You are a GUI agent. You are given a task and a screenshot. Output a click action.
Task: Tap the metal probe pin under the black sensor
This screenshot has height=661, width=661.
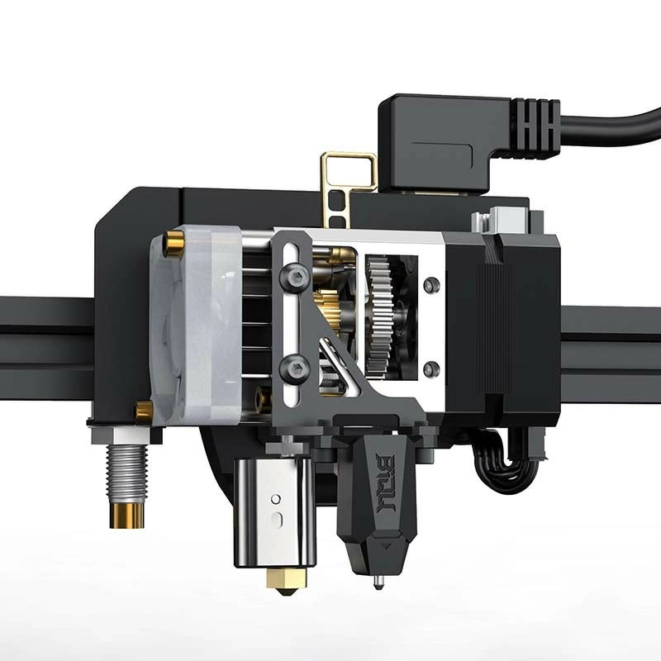pos(378,582)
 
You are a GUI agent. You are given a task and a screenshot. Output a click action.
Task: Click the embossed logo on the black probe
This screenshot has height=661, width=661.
pos(385,483)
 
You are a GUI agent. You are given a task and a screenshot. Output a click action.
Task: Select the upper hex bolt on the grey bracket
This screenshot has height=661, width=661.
pos(295,276)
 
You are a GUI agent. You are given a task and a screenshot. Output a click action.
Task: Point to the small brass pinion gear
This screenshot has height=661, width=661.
pos(326,309)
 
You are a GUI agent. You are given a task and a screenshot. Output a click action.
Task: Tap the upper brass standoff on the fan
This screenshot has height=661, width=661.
pos(174,244)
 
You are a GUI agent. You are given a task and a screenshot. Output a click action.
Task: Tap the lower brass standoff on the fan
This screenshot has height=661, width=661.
pos(144,412)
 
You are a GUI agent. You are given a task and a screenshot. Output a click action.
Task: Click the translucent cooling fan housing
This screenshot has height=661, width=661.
pos(196,326)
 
